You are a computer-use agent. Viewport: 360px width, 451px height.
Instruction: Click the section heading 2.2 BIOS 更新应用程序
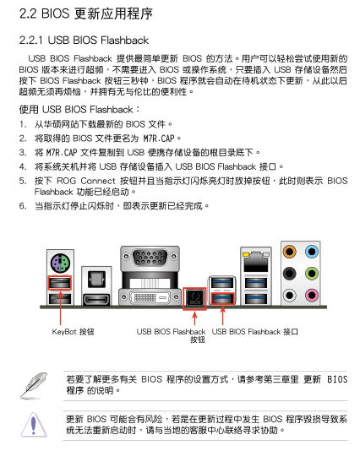pos(85,14)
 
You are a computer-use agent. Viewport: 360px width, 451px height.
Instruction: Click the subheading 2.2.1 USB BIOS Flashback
pos(84,41)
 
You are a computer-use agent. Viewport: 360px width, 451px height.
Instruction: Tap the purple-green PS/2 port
pos(61,263)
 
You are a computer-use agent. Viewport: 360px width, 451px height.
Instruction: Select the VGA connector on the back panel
pos(150,257)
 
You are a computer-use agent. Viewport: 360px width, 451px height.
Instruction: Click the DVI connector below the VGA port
pos(150,297)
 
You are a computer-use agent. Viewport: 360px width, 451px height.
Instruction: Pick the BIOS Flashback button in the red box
pos(195,298)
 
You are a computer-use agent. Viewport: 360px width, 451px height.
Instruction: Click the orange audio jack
pos(289,252)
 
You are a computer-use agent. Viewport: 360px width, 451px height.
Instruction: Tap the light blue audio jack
pos(312,252)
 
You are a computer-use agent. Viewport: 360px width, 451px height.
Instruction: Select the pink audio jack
pos(312,295)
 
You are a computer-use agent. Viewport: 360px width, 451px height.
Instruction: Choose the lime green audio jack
pos(312,274)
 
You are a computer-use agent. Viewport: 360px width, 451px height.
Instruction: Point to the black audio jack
pos(289,274)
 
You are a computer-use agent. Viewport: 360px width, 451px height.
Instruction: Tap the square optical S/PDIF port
pos(96,279)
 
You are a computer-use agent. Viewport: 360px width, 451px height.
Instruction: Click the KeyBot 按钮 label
pos(73,332)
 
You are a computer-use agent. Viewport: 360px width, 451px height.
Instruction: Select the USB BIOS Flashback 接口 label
pos(255,332)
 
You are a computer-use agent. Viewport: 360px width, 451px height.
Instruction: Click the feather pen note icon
pos(34,385)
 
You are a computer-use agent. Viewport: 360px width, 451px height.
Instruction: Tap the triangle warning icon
pos(34,425)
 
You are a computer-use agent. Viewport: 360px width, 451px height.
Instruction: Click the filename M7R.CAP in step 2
pos(159,139)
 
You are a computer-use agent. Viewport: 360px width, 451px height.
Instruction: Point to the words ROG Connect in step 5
pos(85,181)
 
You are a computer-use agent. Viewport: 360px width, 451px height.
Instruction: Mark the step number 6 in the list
pos(22,206)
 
